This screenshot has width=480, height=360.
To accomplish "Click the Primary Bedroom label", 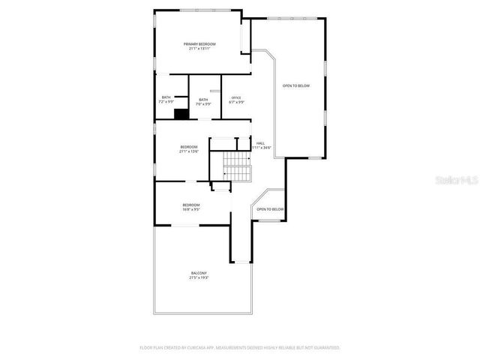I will pyautogui.click(x=199, y=44).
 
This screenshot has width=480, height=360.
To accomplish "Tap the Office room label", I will pyautogui.click(x=236, y=98).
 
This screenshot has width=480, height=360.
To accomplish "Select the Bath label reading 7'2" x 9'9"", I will pyautogui.click(x=166, y=97).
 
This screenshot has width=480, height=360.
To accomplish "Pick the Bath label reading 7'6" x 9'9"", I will pyautogui.click(x=203, y=100).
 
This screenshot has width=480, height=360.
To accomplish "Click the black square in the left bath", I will pyautogui.click(x=180, y=114).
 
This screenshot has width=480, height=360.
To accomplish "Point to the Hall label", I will pyautogui.click(x=261, y=143).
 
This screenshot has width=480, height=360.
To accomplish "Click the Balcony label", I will pyautogui.click(x=199, y=273).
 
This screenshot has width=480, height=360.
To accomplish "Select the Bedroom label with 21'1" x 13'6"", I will pyautogui.click(x=189, y=146).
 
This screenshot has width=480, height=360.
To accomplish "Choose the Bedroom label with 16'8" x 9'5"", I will pyautogui.click(x=191, y=205).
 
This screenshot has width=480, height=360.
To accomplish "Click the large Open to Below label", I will pyautogui.click(x=295, y=86).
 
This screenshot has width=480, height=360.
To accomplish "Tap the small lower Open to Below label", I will pyautogui.click(x=270, y=209).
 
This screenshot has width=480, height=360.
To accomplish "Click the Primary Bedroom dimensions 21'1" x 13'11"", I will pyautogui.click(x=199, y=49).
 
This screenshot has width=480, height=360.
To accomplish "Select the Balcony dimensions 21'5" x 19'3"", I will pyautogui.click(x=199, y=277).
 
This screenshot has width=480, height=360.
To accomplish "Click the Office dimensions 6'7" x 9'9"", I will pyautogui.click(x=236, y=103).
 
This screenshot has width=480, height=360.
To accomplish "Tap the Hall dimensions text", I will pyautogui.click(x=260, y=148).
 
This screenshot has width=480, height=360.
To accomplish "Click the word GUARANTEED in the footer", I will pyautogui.click(x=324, y=348).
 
